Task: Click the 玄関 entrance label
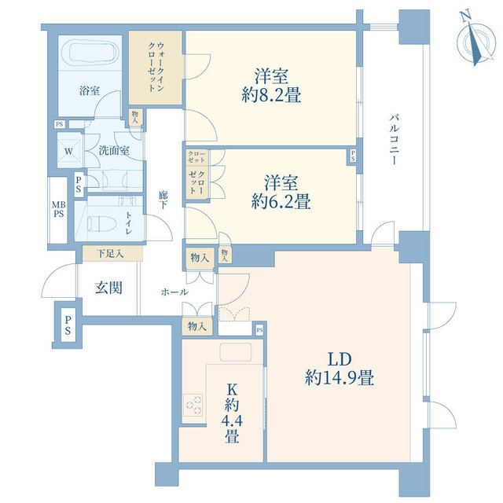click(108, 288)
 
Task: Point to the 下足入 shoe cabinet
click(110, 254)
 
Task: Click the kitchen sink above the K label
click(233, 351)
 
